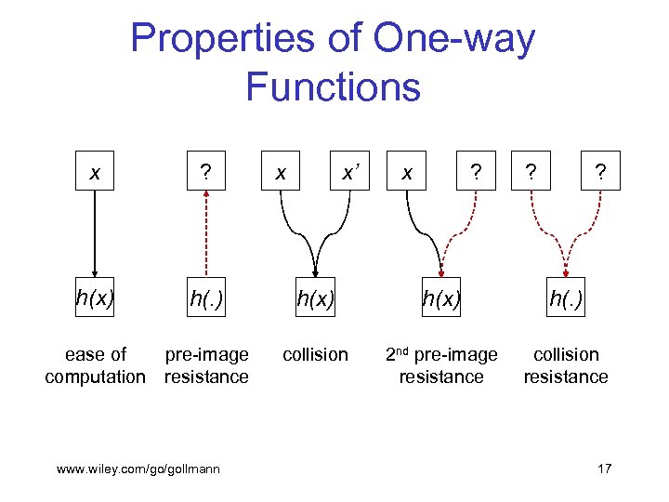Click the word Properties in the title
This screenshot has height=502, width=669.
tap(243, 39)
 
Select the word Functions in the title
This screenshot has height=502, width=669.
tap(333, 87)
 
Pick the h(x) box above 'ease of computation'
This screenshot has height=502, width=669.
tap(94, 298)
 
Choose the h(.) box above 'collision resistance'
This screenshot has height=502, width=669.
tap(566, 298)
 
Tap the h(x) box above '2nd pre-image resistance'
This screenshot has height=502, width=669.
tap(441, 298)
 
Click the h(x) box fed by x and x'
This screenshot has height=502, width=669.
tap(315, 298)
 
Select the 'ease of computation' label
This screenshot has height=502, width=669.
tap(95, 365)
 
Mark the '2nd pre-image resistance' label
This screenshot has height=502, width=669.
tap(441, 365)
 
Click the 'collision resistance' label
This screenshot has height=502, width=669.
tap(566, 365)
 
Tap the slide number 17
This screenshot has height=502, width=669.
tap(603, 469)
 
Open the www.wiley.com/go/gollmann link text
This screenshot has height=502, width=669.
tap(138, 469)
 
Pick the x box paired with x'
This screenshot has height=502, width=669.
tap(282, 172)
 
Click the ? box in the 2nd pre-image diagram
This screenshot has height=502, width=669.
tap(476, 172)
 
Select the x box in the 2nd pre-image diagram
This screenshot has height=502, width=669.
tap(406, 172)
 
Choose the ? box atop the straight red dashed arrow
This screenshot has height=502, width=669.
tap(206, 172)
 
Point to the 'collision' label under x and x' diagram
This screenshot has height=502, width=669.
tap(315, 354)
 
